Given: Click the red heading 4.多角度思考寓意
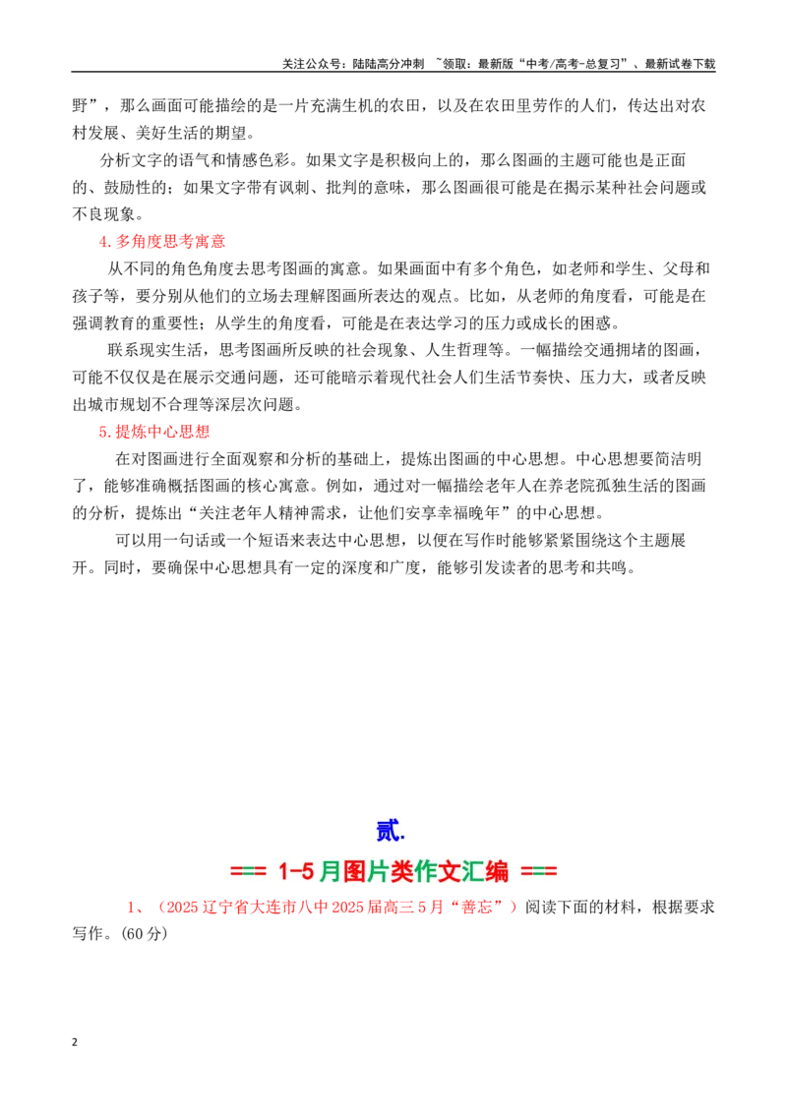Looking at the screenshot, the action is tap(162, 241).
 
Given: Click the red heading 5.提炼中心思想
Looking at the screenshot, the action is tap(154, 432).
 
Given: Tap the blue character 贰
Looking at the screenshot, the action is tap(390, 831).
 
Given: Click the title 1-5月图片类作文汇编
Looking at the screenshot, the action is tap(393, 871).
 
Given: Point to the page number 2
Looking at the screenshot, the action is tap(75, 1042).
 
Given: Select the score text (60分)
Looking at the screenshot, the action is tap(145, 933).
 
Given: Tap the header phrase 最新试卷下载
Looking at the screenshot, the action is tap(680, 64).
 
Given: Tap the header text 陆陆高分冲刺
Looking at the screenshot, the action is tap(388, 64).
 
